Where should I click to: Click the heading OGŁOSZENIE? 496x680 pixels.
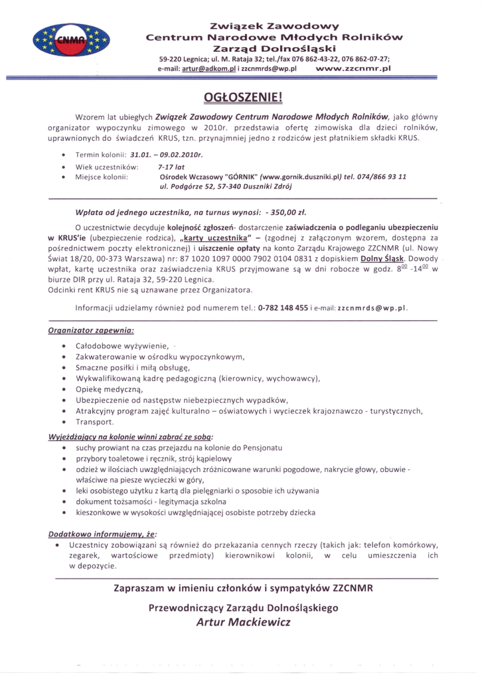coord(248,99)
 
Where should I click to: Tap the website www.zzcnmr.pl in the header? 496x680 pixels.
coord(354,68)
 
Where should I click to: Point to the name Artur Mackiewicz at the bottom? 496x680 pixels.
coord(243,623)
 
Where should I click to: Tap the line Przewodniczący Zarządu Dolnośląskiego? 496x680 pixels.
coord(243,607)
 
